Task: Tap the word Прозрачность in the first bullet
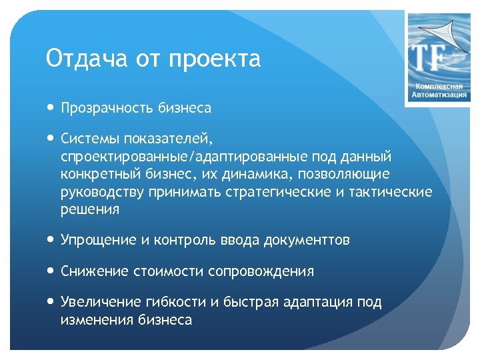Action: [x=107, y=108]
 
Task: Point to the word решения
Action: [x=90, y=209]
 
